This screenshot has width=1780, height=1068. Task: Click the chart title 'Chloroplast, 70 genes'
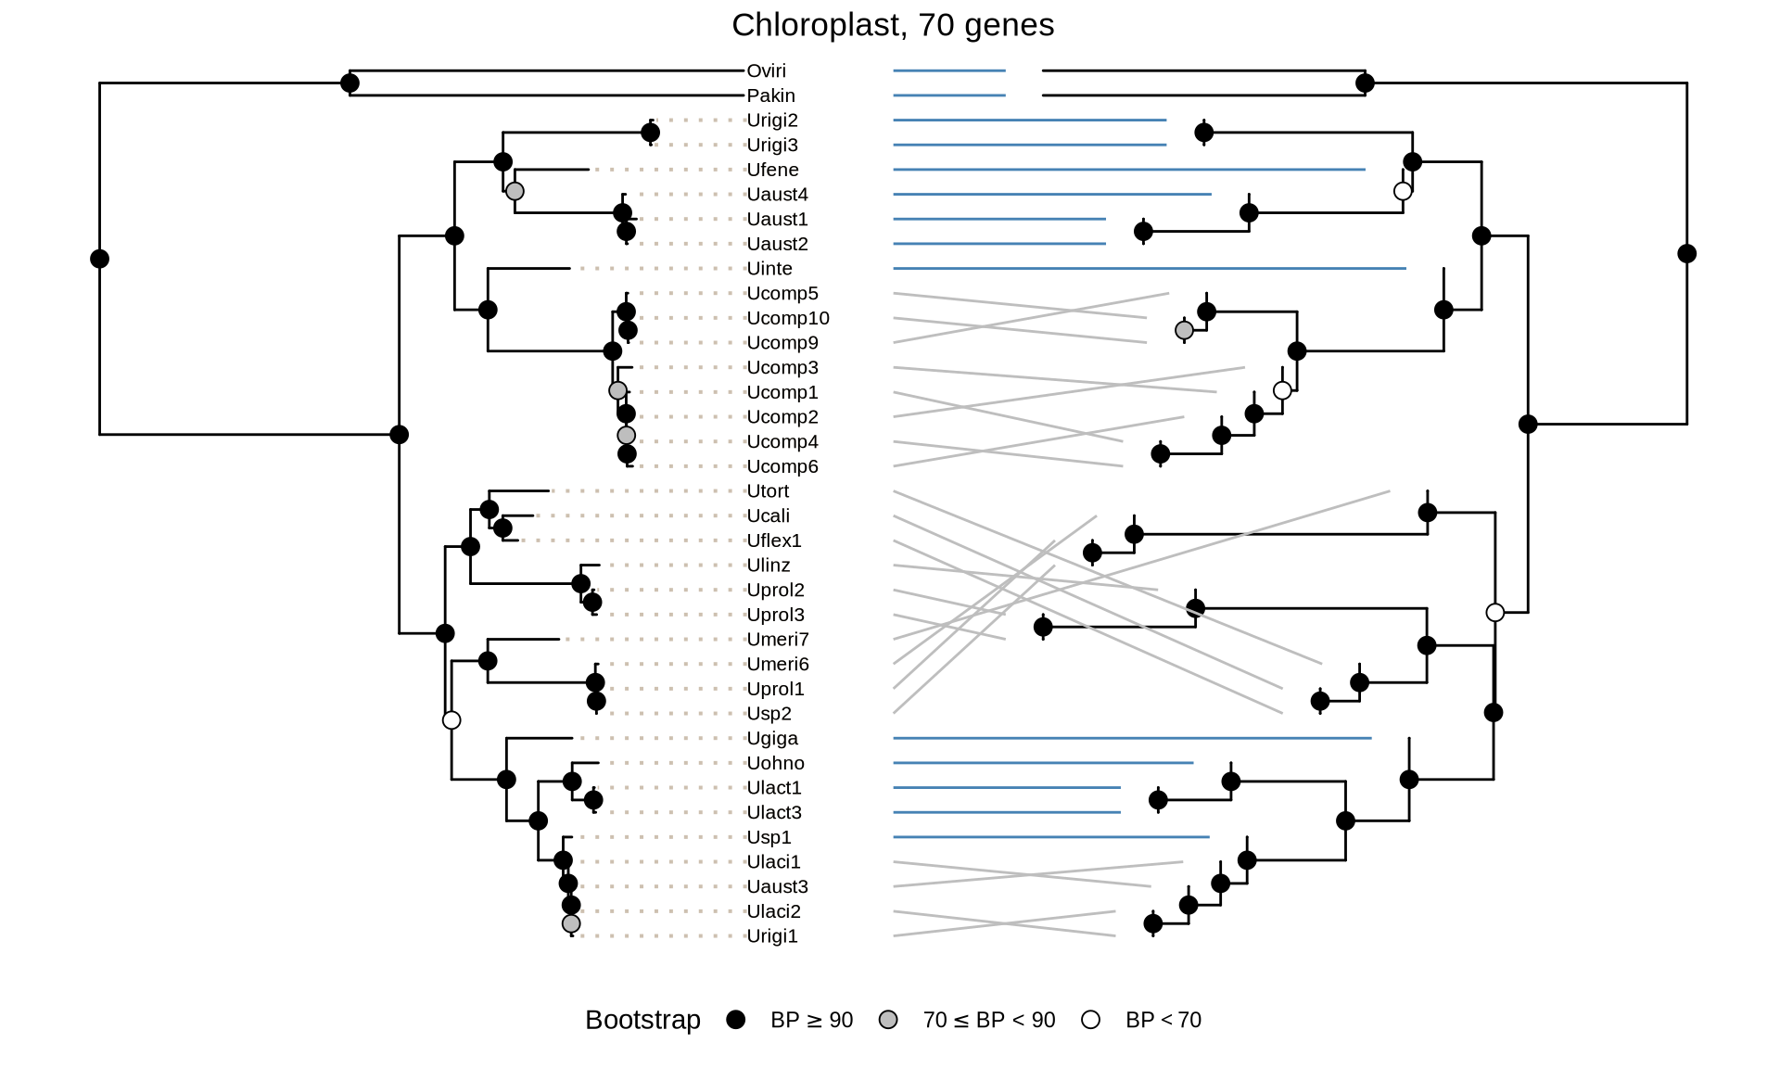coord(893,25)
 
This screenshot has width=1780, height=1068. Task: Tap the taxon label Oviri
coord(766,70)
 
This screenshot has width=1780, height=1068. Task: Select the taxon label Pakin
coord(770,95)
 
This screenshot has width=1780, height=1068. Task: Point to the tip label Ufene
coord(772,170)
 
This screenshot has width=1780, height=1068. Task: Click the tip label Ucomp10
coord(788,318)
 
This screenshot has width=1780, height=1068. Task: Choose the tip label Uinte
coord(769,269)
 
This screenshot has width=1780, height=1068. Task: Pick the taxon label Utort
coord(768,491)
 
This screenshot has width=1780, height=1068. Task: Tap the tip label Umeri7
coord(778,640)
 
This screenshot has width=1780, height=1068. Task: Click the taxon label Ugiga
coord(772,739)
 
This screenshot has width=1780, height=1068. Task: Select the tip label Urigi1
coord(772,936)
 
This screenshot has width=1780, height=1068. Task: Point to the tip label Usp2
coord(769,714)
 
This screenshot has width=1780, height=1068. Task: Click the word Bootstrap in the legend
coord(642,1020)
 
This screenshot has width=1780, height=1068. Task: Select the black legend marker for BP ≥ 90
coord(736,1020)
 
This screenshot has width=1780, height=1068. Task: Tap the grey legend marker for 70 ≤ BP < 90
coord(888,1020)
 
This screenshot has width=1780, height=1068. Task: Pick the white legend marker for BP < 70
coord(1091,1020)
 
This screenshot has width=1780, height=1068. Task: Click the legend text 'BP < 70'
coord(1163,1020)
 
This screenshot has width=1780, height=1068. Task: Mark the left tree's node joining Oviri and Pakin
coord(350,83)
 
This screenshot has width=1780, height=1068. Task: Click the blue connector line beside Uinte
coord(1150,269)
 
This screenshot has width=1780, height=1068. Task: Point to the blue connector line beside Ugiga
coord(1132,738)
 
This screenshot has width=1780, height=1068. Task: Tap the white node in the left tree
coord(451,720)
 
